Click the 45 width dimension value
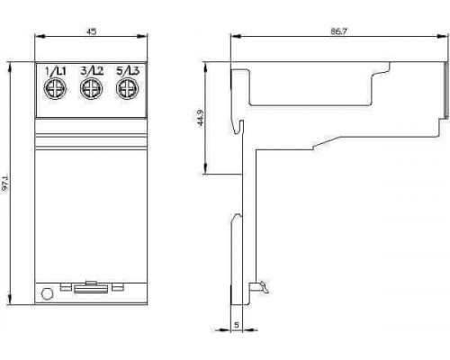[x=92, y=31]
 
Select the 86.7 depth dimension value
[x=339, y=31]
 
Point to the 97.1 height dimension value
[x=5, y=183]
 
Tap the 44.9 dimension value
[x=201, y=118]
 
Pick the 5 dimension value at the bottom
[x=237, y=325]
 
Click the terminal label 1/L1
[x=55, y=71]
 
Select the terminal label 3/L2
[x=92, y=71]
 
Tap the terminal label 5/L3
[x=128, y=71]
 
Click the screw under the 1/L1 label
[x=55, y=88]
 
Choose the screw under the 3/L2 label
[x=92, y=88]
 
